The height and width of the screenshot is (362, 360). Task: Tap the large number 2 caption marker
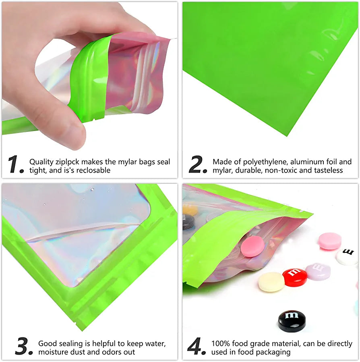[198, 164]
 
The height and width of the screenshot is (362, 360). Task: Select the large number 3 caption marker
[24, 346]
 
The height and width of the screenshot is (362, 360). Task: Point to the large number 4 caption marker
[196, 346]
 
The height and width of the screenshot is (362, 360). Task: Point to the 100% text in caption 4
[221, 343]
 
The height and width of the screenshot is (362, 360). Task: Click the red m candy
[295, 277]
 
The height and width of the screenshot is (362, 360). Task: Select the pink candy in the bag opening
[252, 247]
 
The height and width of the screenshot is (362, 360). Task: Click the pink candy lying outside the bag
[330, 241]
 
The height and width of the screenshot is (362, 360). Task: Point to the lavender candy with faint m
[318, 272]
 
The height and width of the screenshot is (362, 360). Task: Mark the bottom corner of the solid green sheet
[287, 136]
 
